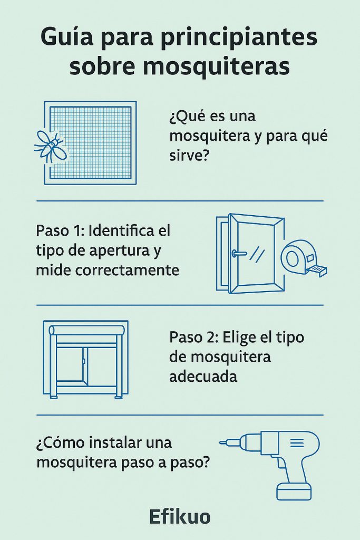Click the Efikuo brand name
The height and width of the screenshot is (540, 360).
click(x=180, y=517)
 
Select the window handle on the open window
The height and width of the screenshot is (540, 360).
click(x=238, y=254)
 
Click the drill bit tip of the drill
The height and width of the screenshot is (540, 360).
click(x=222, y=442)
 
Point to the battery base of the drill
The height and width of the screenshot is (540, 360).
click(x=294, y=491)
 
